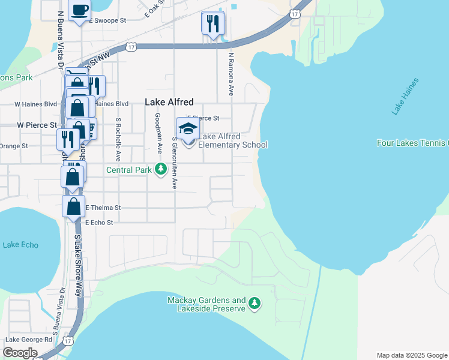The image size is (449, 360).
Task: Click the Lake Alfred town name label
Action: coord(169,103)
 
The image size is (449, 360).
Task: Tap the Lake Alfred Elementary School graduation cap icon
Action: coord(188,129)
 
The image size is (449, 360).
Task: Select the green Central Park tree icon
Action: coord(160,170)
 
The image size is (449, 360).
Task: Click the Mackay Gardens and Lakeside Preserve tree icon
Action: coord(255,304)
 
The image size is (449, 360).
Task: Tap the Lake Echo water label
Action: coord(20,245)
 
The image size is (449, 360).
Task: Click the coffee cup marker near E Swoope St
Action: coord(80,10)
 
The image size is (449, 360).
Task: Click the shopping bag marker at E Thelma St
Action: coord(73,206)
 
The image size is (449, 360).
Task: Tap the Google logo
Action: coord(20,353)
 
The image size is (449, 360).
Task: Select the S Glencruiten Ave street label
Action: coord(174,163)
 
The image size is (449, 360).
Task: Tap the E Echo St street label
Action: coord(99,222)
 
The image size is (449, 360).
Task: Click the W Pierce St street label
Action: coord(37,125)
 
